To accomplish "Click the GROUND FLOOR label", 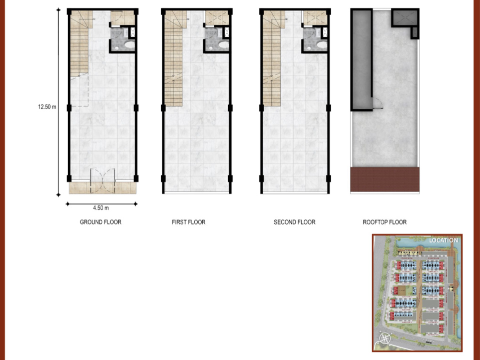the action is tap(101, 222).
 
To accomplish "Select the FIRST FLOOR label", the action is tap(189, 222).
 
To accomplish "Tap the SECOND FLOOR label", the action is tap(294, 222).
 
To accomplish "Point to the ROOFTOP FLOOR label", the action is tap(385, 222).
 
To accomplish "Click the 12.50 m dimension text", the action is tap(47, 106).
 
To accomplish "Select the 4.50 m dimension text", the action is tap(101, 208).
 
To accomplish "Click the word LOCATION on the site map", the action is tap(443, 240).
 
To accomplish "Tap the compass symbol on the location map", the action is tap(385, 338).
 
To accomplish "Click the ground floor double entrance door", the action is tap(103, 181).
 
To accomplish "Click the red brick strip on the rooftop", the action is tap(385, 179).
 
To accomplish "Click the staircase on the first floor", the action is tap(174, 58).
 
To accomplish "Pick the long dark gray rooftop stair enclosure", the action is tap(361, 59).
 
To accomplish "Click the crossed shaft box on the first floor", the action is tap(217, 18).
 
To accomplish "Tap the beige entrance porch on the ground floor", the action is tap(103, 188).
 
